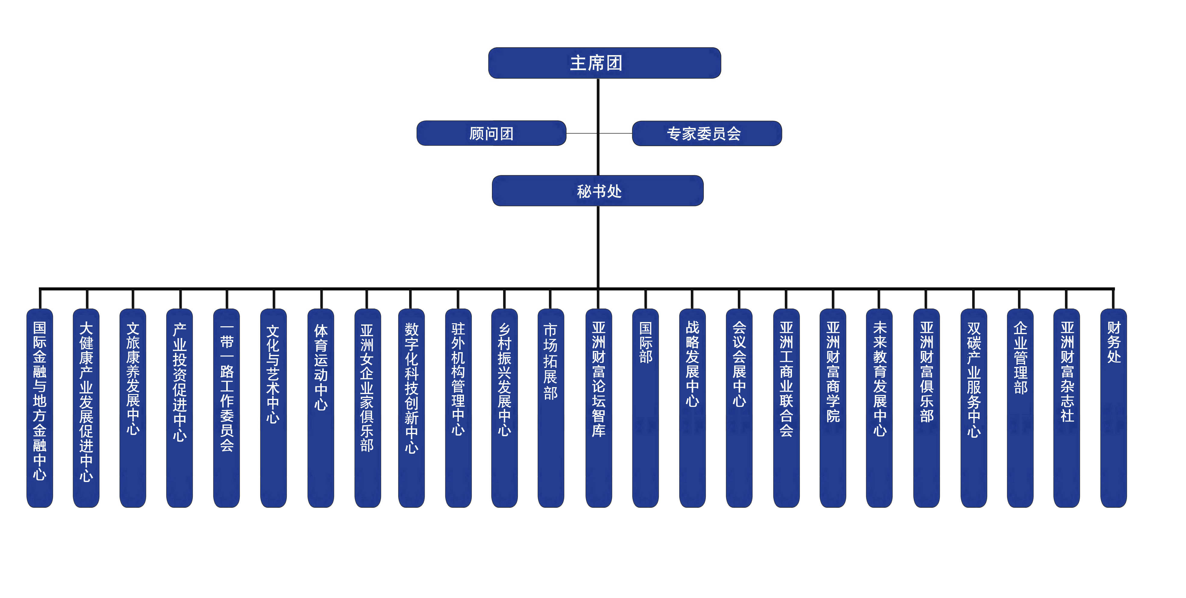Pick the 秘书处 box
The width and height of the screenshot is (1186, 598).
[x=598, y=191]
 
